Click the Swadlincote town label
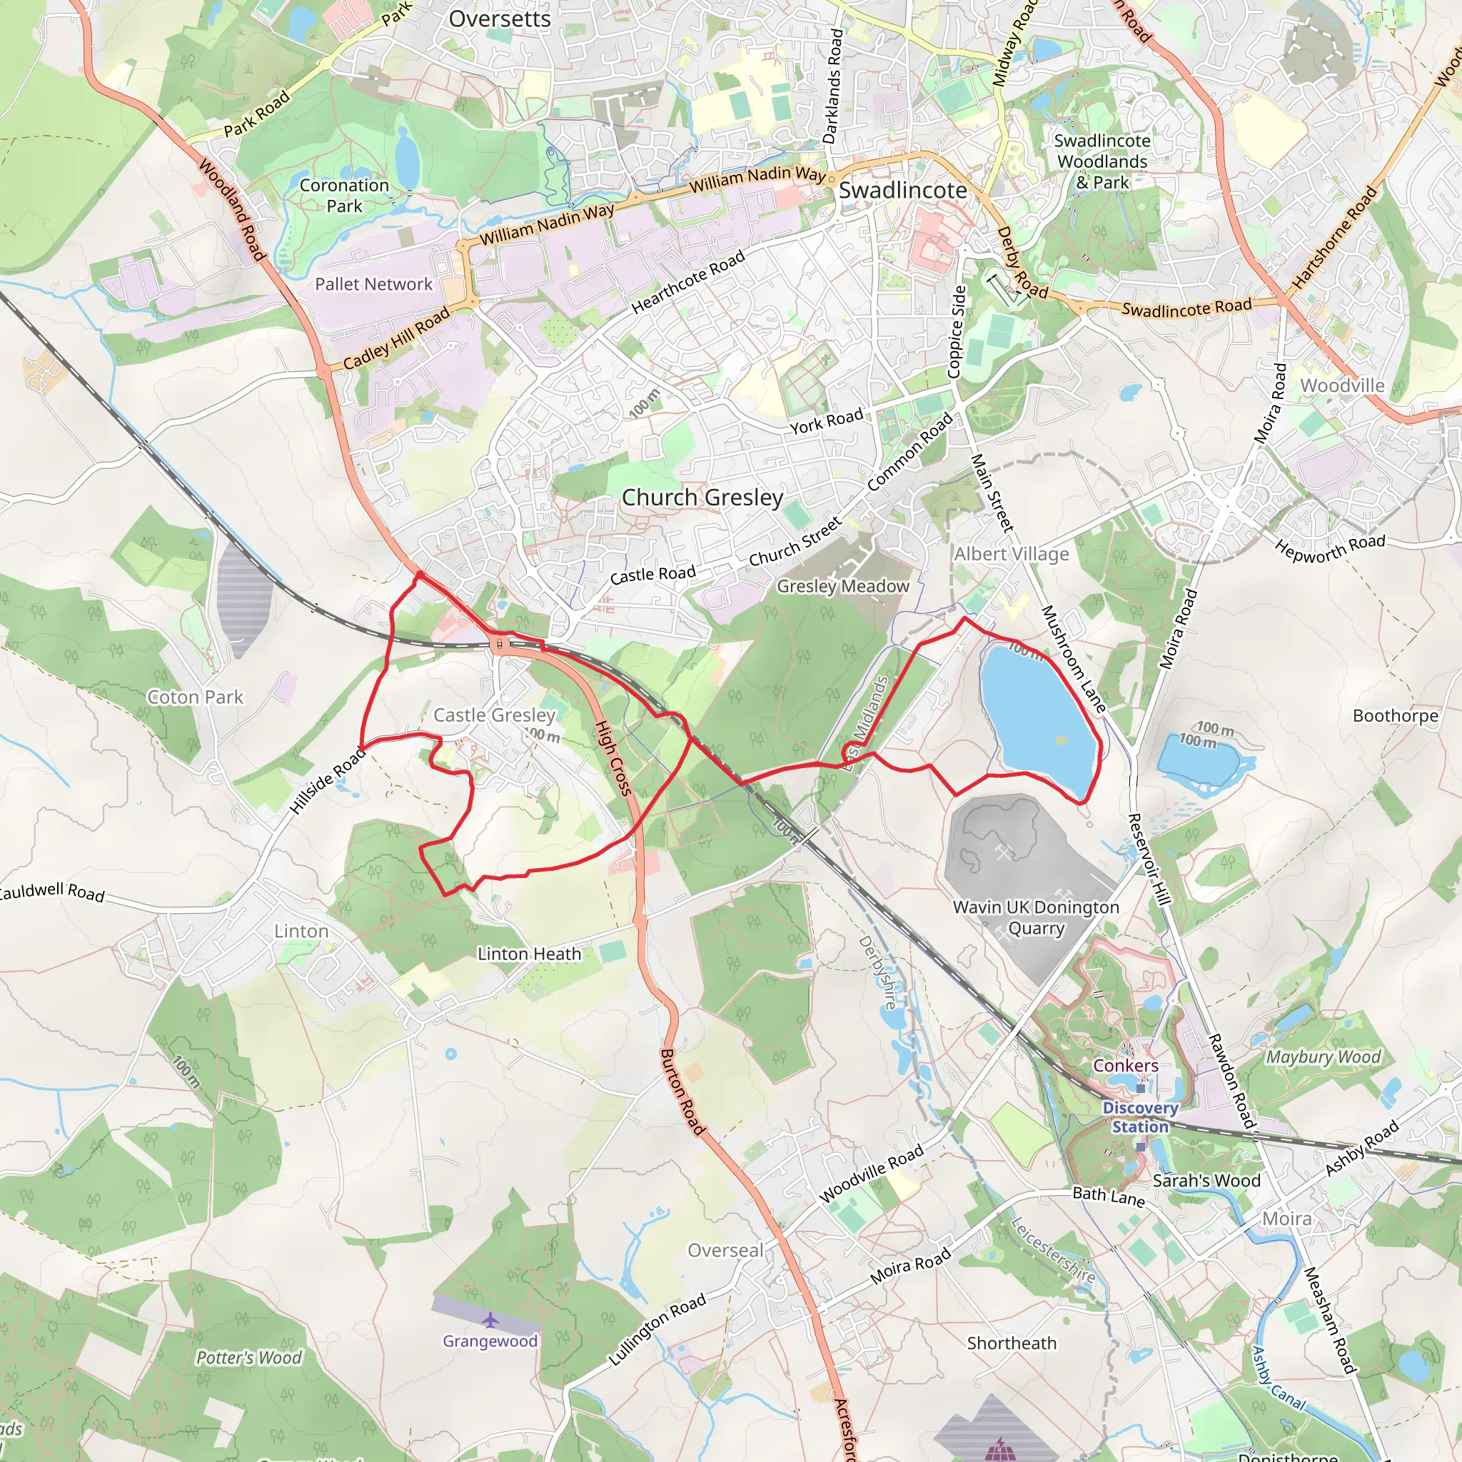(902, 191)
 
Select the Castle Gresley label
(494, 715)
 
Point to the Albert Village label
(1011, 554)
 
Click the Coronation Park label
(344, 195)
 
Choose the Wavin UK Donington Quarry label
(1035, 917)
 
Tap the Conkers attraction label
(1125, 1066)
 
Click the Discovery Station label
(1139, 1117)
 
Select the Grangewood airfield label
(490, 1341)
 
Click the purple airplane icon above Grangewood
(490, 1321)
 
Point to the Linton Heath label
(529, 954)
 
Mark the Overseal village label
(725, 1250)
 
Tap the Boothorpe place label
(1396, 715)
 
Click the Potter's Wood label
(248, 1358)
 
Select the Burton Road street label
(682, 1092)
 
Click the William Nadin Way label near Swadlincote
(757, 179)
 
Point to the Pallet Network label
(373, 284)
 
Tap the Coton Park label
(195, 697)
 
